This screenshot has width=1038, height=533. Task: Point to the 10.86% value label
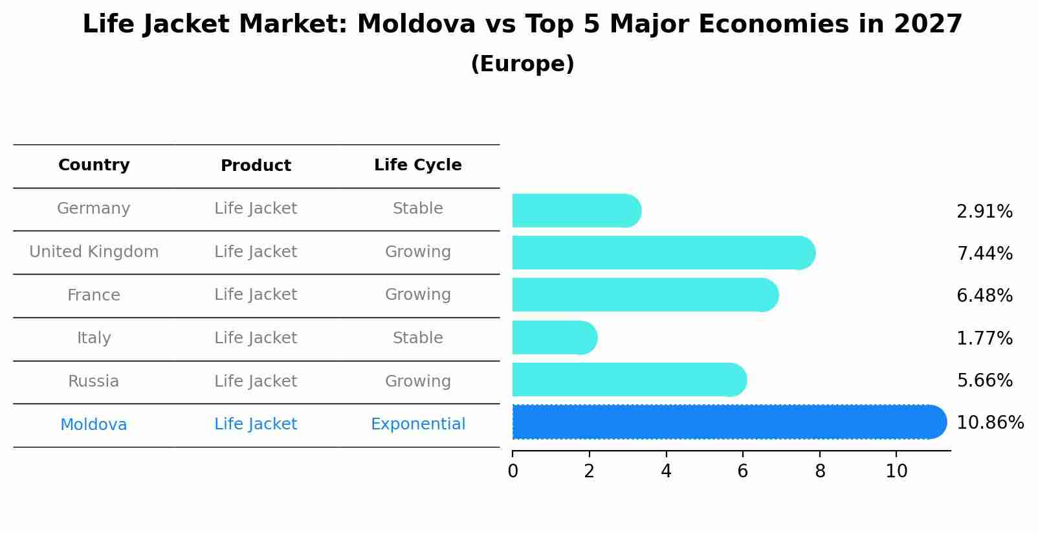(x=989, y=423)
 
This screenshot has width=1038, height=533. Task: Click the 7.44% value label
(x=984, y=253)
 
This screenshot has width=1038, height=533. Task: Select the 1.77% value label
(x=984, y=338)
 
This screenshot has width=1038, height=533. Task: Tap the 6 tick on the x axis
(x=743, y=471)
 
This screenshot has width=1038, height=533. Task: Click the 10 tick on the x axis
(x=896, y=471)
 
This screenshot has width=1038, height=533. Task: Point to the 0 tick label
(x=513, y=471)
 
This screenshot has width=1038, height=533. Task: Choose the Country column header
(x=94, y=165)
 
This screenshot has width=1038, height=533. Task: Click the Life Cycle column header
(x=417, y=165)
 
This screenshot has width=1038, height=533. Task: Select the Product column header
(x=256, y=166)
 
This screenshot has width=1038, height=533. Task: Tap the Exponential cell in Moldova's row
(x=417, y=424)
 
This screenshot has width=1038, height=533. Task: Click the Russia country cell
(x=94, y=381)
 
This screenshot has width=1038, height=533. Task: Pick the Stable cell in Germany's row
(x=417, y=209)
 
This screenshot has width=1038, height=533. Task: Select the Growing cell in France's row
(x=417, y=295)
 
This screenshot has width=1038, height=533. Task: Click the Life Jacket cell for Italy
(x=256, y=337)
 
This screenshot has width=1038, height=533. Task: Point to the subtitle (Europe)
(x=522, y=64)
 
